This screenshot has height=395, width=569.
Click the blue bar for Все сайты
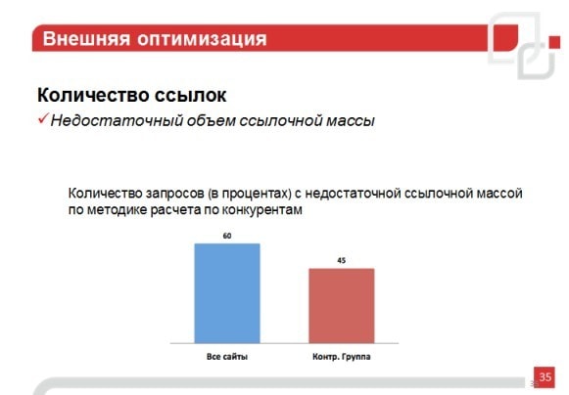click(x=227, y=293)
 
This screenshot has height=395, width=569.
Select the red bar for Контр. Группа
click(x=342, y=305)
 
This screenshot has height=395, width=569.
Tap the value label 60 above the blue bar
click(x=227, y=236)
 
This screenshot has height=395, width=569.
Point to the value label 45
click(x=342, y=260)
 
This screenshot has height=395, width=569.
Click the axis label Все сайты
click(x=227, y=357)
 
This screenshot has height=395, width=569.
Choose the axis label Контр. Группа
click(x=342, y=357)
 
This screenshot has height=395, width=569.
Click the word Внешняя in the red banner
click(x=86, y=38)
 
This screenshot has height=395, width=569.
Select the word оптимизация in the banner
click(x=202, y=39)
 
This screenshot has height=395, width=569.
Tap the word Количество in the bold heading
click(x=93, y=95)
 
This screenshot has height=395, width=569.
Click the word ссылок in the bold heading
click(x=191, y=96)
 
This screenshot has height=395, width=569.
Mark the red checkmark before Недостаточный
click(x=43, y=118)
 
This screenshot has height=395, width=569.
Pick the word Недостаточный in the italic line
click(x=117, y=120)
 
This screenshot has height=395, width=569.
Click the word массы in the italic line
click(x=351, y=121)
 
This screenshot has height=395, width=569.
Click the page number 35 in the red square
click(x=545, y=376)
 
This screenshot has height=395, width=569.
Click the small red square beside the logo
click(x=554, y=42)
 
